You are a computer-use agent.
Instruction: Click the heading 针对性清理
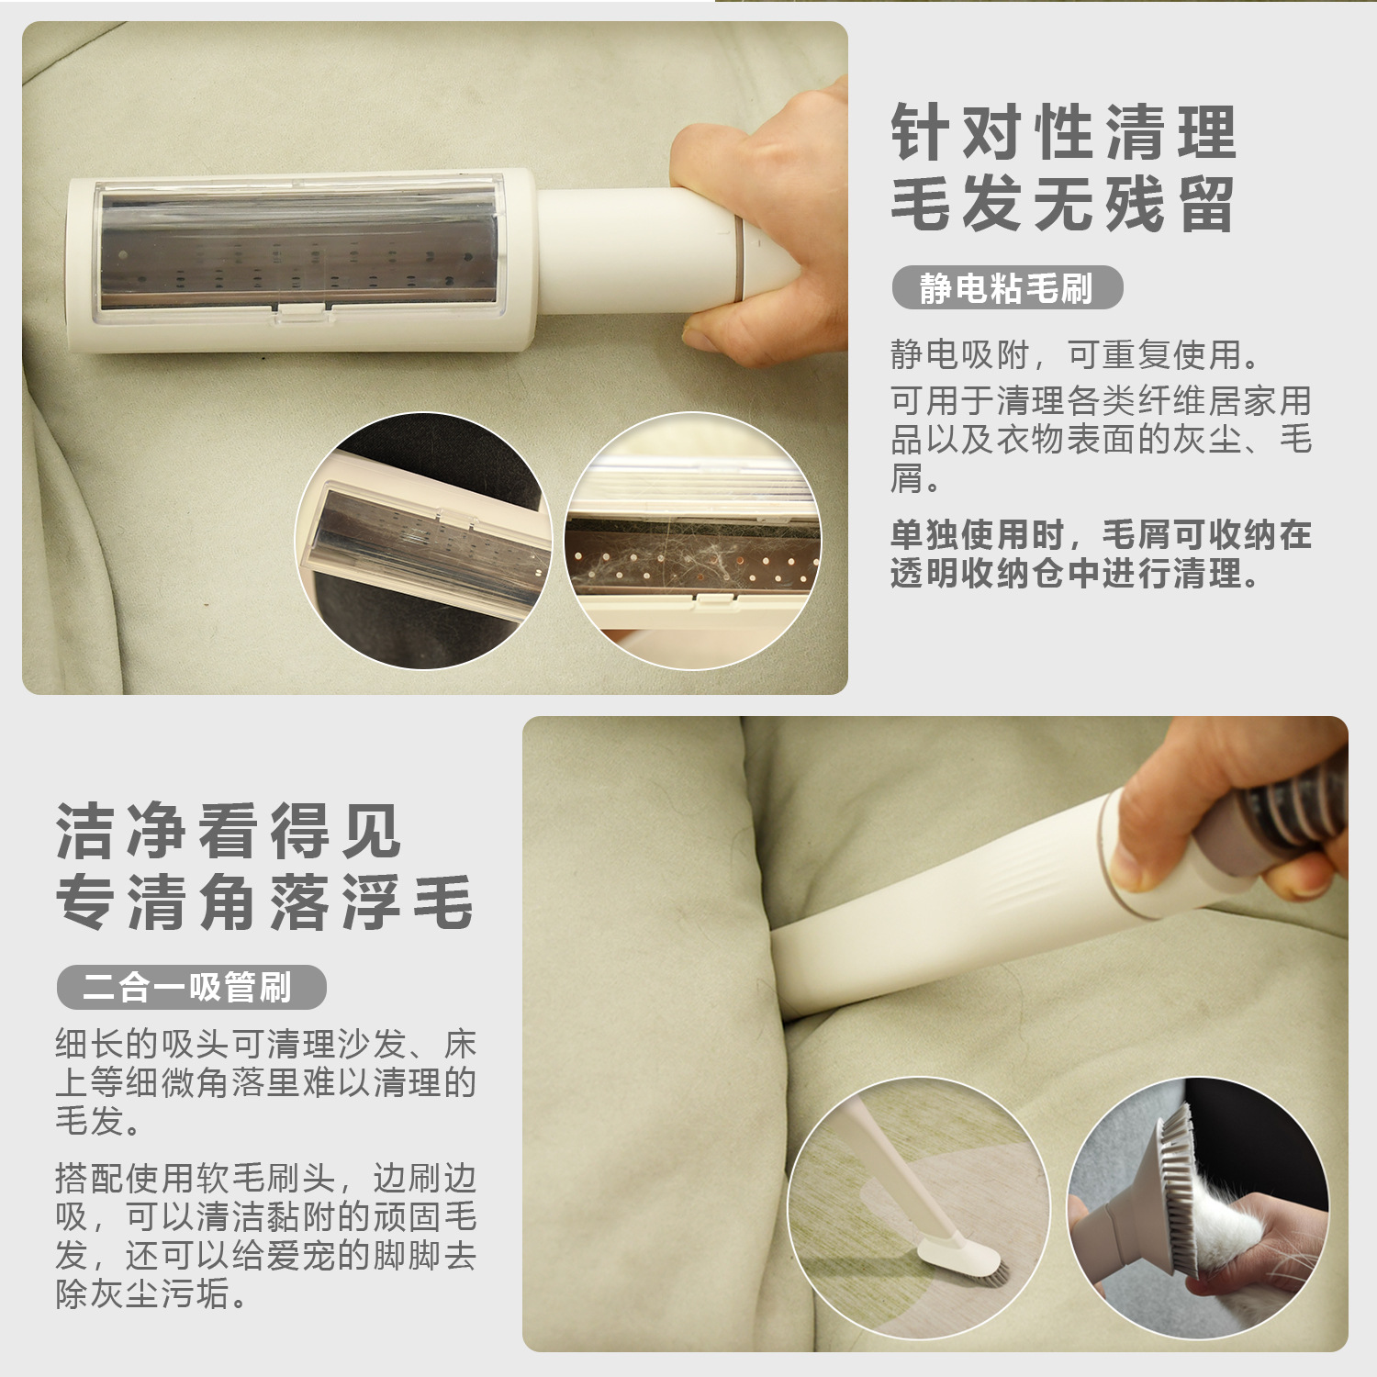click(1064, 132)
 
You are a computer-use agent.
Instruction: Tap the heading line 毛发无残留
click(1063, 203)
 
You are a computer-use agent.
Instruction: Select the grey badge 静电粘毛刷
click(1007, 288)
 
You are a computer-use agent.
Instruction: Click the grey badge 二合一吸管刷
click(191, 988)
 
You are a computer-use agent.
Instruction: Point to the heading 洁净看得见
click(229, 831)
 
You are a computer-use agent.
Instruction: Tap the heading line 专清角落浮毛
click(264, 901)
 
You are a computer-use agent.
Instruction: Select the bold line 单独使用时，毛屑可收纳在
click(1101, 533)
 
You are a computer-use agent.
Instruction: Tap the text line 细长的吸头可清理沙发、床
click(266, 1044)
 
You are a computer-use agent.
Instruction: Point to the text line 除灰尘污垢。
click(151, 1294)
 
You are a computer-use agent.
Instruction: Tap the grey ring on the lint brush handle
click(740, 258)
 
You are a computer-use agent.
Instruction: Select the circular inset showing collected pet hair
click(693, 541)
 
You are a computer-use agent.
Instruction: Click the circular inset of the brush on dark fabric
click(423, 541)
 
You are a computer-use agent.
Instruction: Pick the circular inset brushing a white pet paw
click(1197, 1207)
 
